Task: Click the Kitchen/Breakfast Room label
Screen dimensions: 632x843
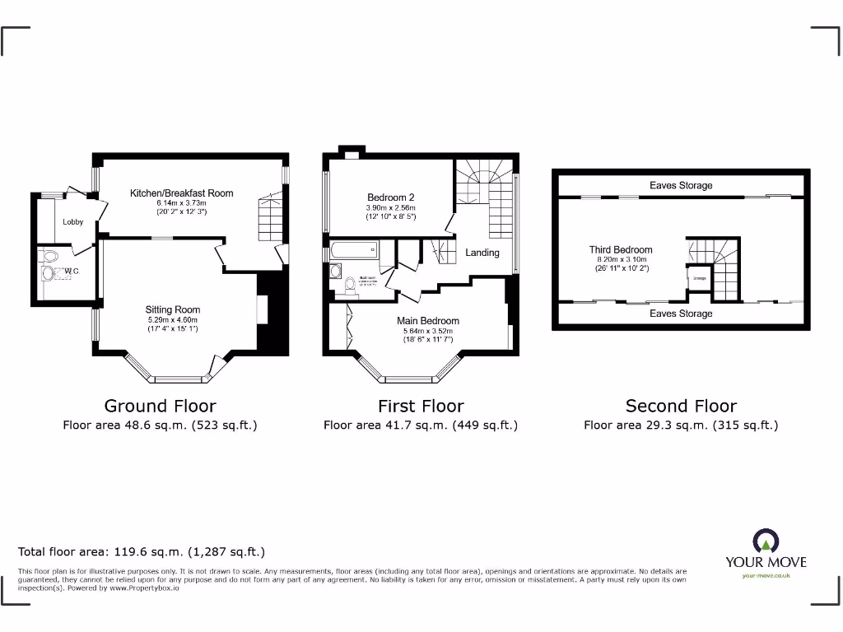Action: pos(181,193)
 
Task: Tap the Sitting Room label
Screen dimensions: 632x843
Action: pos(173,310)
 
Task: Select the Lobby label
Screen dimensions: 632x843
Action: pos(73,222)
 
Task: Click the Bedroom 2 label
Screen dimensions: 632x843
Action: pos(390,197)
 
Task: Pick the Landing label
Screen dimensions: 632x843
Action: pos(482,253)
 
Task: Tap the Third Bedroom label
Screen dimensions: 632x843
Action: pos(621,250)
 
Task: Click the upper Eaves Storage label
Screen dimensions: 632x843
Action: pos(681,186)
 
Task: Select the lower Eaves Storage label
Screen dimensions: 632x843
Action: pos(681,314)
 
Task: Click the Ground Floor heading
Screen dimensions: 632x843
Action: pos(160,406)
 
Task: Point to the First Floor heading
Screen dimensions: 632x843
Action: pos(421,406)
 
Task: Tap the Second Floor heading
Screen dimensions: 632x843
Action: pos(681,406)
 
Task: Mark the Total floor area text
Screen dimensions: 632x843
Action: pos(142,552)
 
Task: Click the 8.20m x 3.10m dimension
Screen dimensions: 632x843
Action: pos(621,260)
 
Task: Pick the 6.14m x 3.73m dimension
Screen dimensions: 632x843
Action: pos(181,203)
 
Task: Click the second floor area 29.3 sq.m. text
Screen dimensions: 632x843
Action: pos(681,425)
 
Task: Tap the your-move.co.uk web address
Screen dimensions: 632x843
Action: pos(766,576)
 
